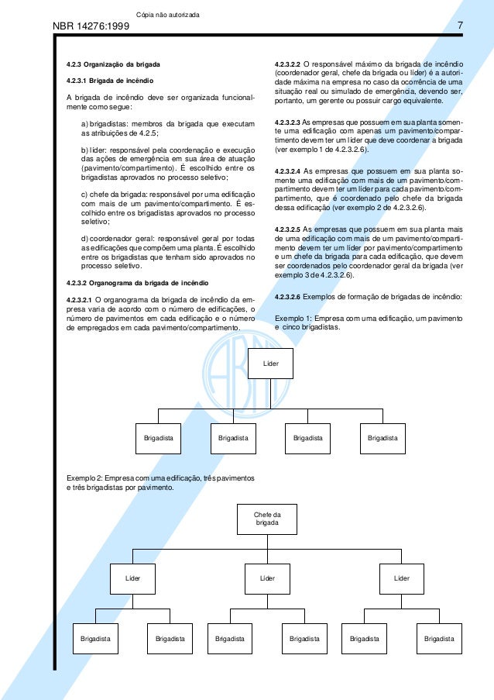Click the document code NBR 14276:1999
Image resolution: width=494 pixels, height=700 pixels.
90,29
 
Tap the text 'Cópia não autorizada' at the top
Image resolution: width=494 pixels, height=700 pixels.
167,16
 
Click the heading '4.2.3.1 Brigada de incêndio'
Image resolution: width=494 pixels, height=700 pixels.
109,81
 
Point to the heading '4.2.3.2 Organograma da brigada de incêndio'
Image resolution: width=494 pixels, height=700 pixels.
136,281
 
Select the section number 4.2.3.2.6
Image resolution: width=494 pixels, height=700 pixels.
287,297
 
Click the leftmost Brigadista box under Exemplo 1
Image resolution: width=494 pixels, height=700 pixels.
159,438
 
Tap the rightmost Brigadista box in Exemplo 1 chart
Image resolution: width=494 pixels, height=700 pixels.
383,438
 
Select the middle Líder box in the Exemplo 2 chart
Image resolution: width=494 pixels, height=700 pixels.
267,578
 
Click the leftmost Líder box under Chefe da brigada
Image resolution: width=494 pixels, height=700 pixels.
133,578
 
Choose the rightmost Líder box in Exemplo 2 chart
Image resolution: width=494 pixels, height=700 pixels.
401,578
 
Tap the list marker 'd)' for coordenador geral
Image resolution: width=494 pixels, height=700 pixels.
84,237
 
